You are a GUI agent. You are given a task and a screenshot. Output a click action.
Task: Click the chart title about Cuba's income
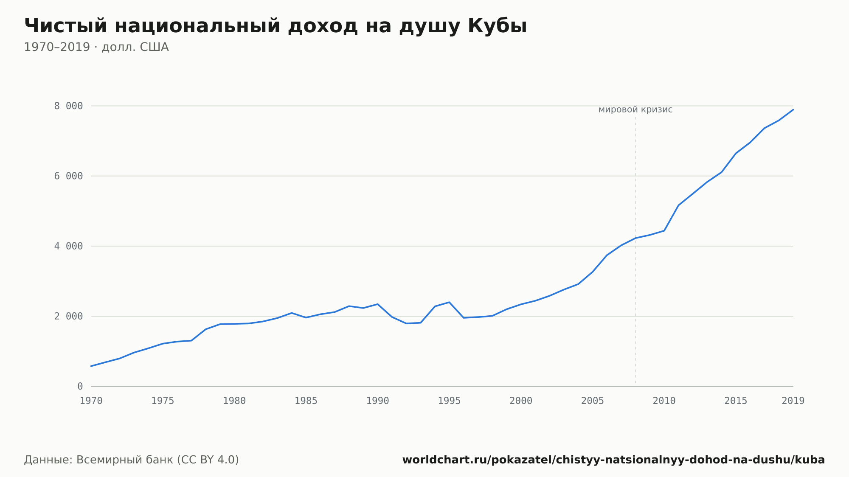click(276, 26)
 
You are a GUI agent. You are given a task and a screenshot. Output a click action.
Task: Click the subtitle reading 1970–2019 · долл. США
click(96, 47)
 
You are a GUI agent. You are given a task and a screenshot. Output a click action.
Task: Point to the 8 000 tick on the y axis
click(68, 106)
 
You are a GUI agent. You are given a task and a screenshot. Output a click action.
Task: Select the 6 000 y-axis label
click(68, 176)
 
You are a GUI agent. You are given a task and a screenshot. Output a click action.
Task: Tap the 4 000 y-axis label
click(68, 246)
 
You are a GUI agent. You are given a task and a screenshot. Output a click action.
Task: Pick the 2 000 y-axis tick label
click(68, 316)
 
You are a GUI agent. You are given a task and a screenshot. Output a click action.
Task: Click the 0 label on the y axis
click(80, 387)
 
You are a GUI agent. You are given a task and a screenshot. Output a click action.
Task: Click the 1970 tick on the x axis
click(91, 401)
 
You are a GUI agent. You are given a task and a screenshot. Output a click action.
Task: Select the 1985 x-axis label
click(306, 401)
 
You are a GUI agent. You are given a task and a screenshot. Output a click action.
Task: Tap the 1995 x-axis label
click(449, 401)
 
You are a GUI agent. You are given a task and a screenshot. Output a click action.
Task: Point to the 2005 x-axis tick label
click(593, 401)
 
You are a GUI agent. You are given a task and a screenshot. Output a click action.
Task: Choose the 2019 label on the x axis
click(793, 401)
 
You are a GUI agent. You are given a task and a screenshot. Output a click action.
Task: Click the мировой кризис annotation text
click(635, 110)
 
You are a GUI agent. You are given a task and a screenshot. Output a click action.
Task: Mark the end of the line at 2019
click(793, 109)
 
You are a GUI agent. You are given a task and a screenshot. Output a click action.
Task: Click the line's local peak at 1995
click(449, 302)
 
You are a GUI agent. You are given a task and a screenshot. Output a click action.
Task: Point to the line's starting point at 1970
click(91, 366)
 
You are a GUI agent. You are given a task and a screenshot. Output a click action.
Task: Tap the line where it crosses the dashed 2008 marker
click(635, 238)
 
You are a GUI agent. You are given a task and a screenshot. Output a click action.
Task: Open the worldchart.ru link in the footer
click(613, 460)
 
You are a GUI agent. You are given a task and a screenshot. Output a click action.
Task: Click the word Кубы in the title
click(498, 26)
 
